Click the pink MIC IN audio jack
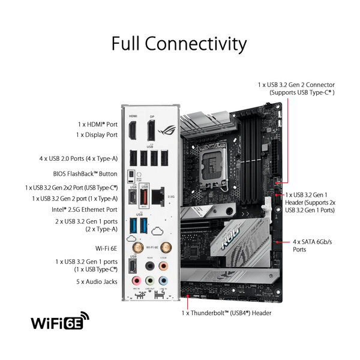[136, 281]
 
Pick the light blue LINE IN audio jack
[163, 281]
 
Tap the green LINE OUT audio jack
[150, 281]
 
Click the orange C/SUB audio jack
[163, 265]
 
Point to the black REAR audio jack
[150, 265]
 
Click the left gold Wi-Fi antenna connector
[136, 247]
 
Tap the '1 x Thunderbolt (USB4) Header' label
[226, 313]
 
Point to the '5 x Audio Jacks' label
[97, 281]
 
